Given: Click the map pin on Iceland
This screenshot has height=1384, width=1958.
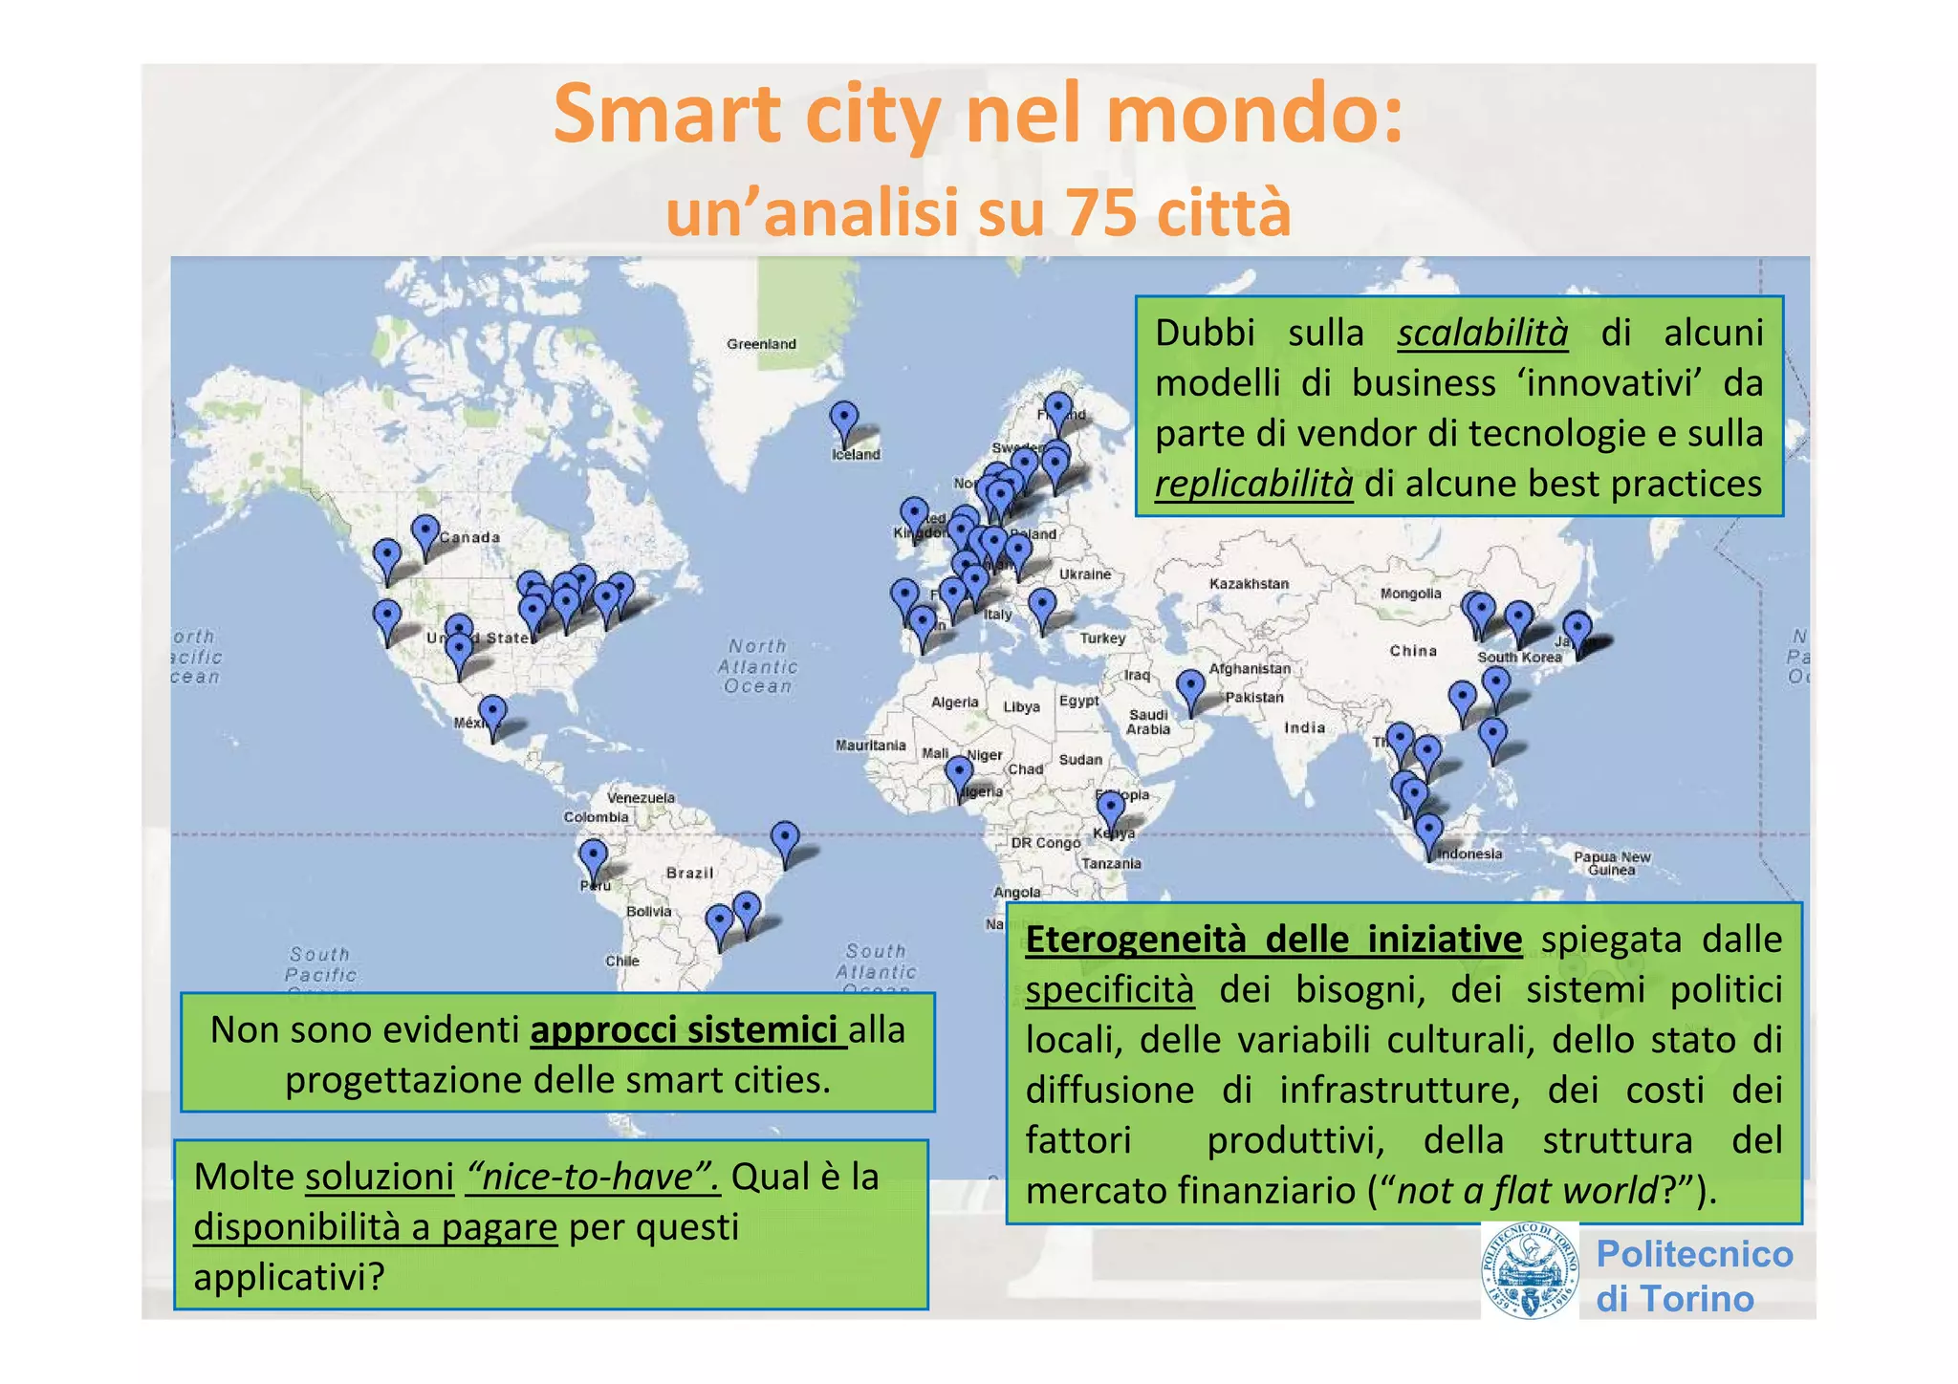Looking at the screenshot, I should pyautogui.click(x=843, y=422).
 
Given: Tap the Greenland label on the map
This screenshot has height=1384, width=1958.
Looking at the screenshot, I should pyautogui.click(x=761, y=344).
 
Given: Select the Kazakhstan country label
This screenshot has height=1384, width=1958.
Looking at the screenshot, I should pyautogui.click(x=1249, y=584).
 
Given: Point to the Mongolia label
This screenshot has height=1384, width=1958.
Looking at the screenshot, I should pyautogui.click(x=1410, y=594).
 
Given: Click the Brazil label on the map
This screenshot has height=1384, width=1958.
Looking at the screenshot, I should pyautogui.click(x=689, y=873).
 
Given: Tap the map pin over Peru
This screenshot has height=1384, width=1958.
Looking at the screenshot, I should pyautogui.click(x=594, y=858).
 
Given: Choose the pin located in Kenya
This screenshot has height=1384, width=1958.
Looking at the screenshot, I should pyautogui.click(x=1110, y=811).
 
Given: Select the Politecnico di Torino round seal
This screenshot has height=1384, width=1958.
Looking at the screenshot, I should pyautogui.click(x=1530, y=1271).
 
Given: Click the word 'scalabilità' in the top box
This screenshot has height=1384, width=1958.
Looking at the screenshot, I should pyautogui.click(x=1482, y=333).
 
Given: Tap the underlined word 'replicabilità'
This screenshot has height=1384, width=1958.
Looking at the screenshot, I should pyautogui.click(x=1253, y=484).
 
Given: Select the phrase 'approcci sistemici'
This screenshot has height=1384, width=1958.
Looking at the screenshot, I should pyautogui.click(x=685, y=1030).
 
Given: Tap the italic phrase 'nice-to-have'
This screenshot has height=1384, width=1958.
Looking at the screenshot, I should pyautogui.click(x=592, y=1177).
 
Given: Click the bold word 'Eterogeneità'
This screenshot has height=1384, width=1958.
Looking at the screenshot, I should pyautogui.click(x=1136, y=940).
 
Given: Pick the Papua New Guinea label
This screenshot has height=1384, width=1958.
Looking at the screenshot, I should pyautogui.click(x=1612, y=863).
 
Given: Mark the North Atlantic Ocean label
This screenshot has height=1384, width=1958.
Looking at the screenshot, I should pyautogui.click(x=758, y=666).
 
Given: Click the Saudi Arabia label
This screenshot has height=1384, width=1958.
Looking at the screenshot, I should pyautogui.click(x=1148, y=722).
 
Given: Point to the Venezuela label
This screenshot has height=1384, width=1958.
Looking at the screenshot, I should pyautogui.click(x=641, y=797).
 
